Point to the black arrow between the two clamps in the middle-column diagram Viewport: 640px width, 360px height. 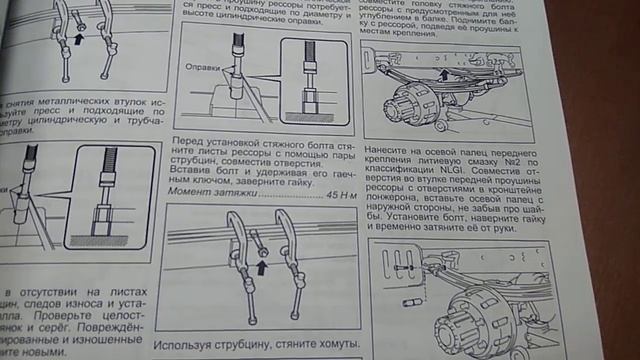[263, 266]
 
